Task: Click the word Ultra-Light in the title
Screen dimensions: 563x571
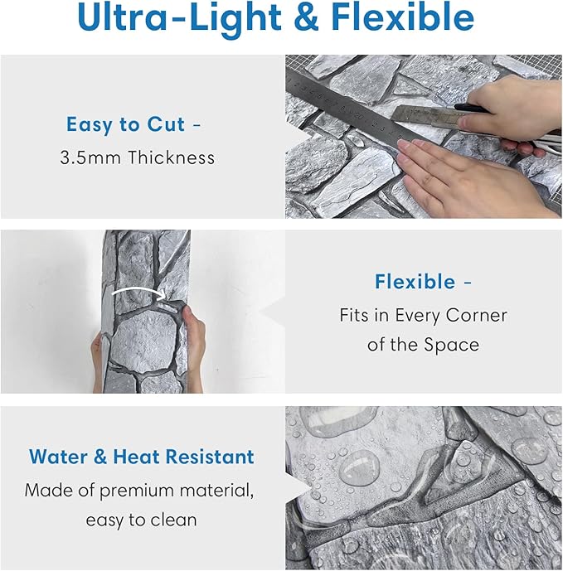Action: [179, 18]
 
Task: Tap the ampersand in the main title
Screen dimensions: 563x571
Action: [306, 17]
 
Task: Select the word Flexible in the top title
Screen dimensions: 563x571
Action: [403, 17]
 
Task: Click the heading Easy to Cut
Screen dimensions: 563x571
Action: [125, 124]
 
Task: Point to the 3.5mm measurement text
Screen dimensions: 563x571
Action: [90, 158]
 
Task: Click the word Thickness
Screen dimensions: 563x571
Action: [172, 157]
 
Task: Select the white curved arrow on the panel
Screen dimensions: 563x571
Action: [138, 292]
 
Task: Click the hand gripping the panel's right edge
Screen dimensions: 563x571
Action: [193, 346]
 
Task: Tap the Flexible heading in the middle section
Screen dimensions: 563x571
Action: [415, 282]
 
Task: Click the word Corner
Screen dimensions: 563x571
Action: [476, 315]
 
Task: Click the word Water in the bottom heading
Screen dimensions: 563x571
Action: [58, 457]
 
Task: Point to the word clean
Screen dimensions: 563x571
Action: [173, 520]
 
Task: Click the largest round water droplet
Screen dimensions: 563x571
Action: [359, 467]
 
